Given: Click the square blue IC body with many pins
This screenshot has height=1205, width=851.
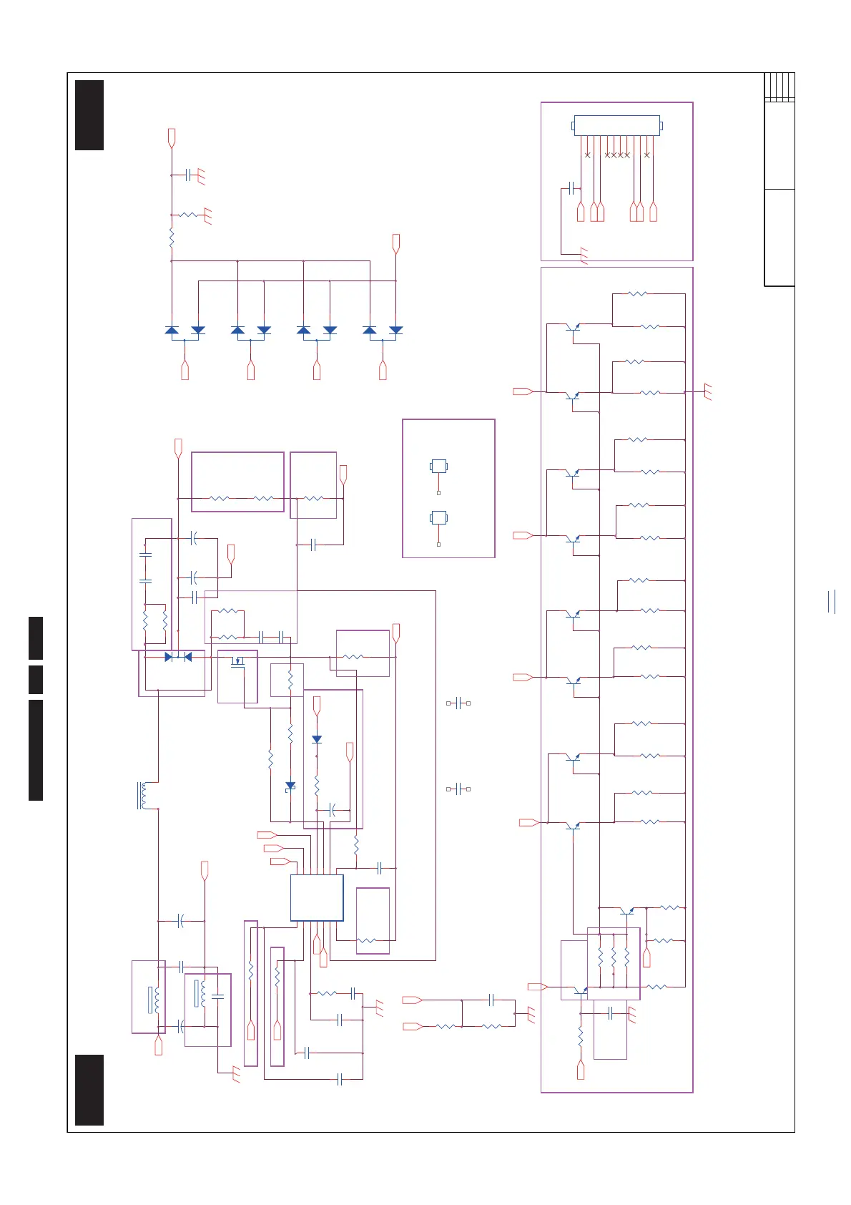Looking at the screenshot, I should pyautogui.click(x=317, y=897).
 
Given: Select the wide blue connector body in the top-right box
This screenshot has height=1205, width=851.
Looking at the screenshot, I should pyautogui.click(x=616, y=125).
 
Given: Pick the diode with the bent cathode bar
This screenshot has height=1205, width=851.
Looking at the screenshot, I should pyautogui.click(x=290, y=786).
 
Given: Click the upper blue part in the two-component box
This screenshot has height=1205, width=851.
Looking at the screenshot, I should pyautogui.click(x=438, y=467).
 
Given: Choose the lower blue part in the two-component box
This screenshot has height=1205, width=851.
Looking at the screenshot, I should pyautogui.click(x=438, y=517).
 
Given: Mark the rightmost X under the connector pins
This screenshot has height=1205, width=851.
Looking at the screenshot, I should pyautogui.click(x=647, y=155).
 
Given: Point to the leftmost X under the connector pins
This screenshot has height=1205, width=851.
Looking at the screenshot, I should pyautogui.click(x=588, y=155).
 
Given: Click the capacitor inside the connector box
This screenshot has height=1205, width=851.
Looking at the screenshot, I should pyautogui.click(x=571, y=188).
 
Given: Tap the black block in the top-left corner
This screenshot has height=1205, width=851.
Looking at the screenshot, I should pyautogui.click(x=89, y=115).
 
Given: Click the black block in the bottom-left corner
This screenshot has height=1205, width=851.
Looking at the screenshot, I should pyautogui.click(x=89, y=1089).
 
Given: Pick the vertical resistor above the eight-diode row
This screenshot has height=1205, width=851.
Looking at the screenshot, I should pyautogui.click(x=172, y=239).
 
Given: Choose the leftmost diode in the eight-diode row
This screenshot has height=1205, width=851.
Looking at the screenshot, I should pyautogui.click(x=172, y=330).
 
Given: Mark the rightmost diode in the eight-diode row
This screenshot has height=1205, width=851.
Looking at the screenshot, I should pyautogui.click(x=395, y=330).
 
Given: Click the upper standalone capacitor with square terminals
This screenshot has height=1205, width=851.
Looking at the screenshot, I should pyautogui.click(x=458, y=703).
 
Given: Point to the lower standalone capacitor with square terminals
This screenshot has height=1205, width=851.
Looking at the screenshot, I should pyautogui.click(x=458, y=789).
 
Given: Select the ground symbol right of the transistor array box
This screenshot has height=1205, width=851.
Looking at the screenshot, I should pyautogui.click(x=708, y=392).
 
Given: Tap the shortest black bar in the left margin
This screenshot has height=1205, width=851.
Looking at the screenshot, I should pyautogui.click(x=36, y=679).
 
